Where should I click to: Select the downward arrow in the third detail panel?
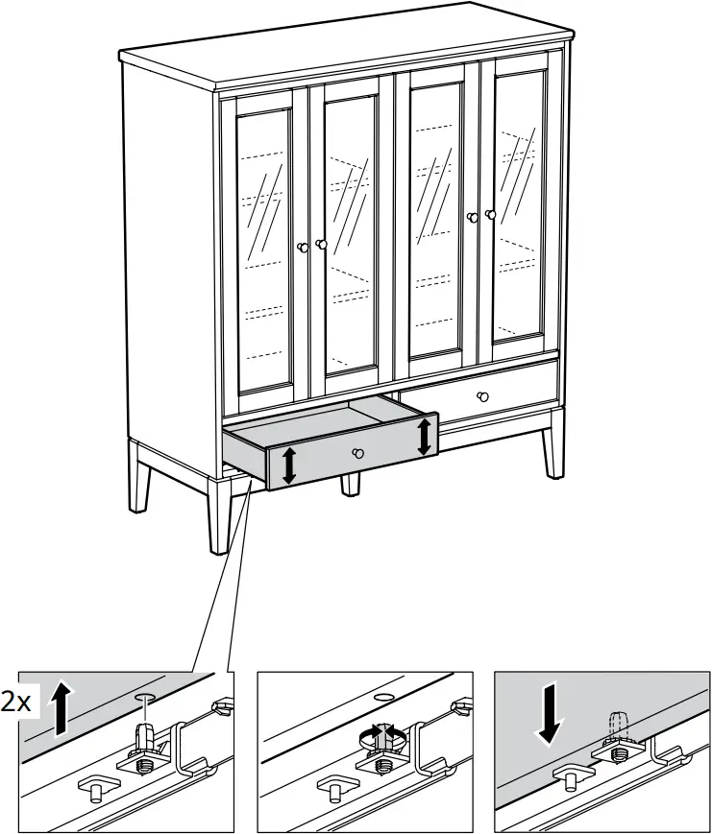tap(548, 710)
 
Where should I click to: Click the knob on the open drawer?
tap(357, 453)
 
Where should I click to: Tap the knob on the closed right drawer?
tap(481, 396)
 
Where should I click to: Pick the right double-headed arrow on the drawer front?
tap(424, 437)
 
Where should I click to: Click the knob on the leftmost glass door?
tap(304, 248)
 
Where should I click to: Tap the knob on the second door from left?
tap(321, 245)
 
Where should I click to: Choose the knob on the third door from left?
tap(473, 218)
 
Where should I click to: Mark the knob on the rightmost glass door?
tap(490, 215)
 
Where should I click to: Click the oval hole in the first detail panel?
tap(145, 693)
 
